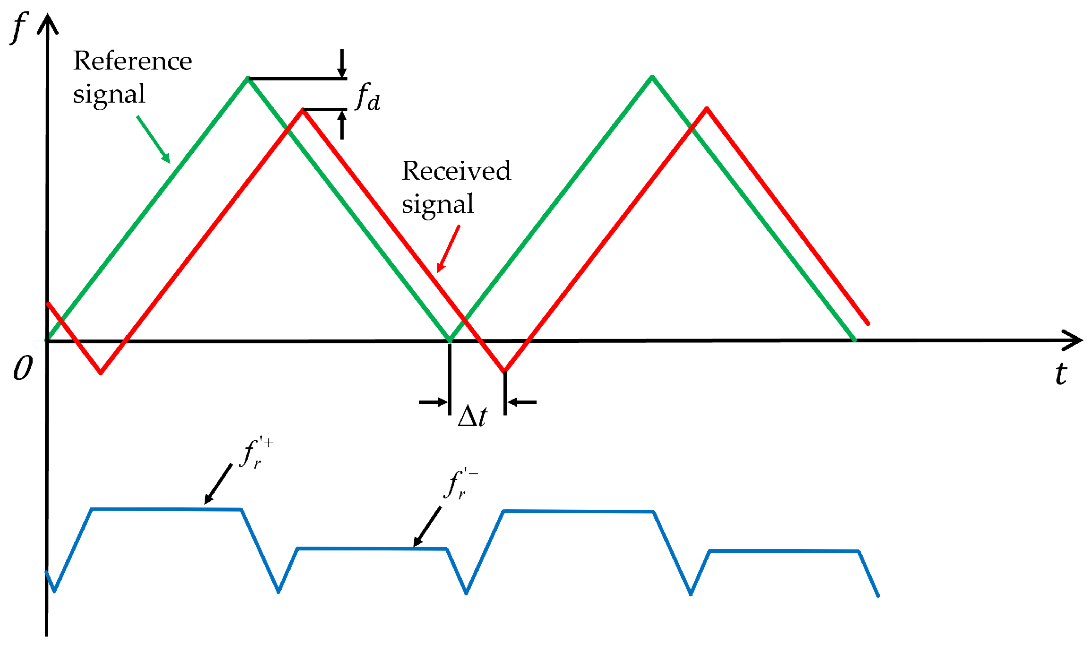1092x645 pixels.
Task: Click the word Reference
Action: pyautogui.click(x=132, y=61)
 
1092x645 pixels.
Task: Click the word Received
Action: pyautogui.click(x=456, y=171)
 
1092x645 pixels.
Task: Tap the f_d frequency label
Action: pyautogui.click(x=368, y=97)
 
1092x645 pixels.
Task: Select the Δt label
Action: pyautogui.click(x=472, y=416)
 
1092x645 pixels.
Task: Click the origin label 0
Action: pyautogui.click(x=23, y=368)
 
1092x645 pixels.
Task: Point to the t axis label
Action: pyautogui.click(x=1061, y=374)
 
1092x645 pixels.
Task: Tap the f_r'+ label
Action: pyautogui.click(x=256, y=453)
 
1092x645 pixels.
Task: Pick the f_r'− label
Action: pyautogui.click(x=460, y=483)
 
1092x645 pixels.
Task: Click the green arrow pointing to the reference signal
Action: pyautogui.click(x=154, y=139)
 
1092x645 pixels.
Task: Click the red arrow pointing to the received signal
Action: pyautogui.click(x=448, y=249)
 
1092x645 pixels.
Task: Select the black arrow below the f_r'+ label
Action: pyautogui.click(x=218, y=484)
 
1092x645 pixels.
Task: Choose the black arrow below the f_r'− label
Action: pyautogui.click(x=427, y=527)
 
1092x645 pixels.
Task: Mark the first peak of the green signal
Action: pyautogui.click(x=247, y=78)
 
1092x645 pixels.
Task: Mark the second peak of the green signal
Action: pyautogui.click(x=652, y=76)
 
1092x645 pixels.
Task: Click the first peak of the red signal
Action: pyautogui.click(x=303, y=110)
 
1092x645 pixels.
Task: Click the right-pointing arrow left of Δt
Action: pyautogui.click(x=433, y=402)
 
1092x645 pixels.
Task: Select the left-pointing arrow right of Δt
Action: pyautogui.click(x=522, y=402)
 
